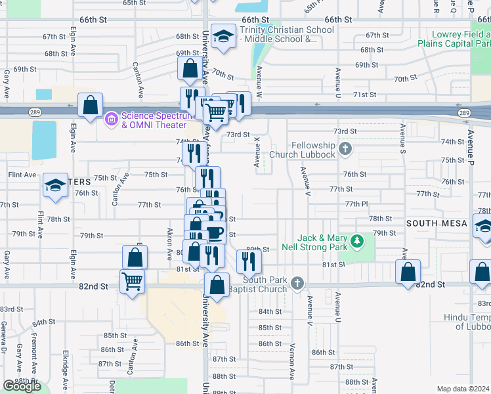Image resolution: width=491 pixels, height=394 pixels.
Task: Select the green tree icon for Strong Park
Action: tap(357, 242)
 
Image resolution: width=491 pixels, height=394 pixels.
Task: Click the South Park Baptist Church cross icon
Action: tap(297, 284)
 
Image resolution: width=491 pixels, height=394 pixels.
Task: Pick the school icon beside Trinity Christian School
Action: tap(224, 37)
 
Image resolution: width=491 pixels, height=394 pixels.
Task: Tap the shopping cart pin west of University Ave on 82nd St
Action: tap(133, 282)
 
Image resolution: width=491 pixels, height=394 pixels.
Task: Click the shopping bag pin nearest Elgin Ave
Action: tap(90, 105)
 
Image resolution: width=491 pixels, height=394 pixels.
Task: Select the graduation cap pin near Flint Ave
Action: tap(56, 186)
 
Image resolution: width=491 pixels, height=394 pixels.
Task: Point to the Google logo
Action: tap(22, 386)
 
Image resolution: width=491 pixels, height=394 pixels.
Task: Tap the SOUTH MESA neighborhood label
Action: tap(437, 223)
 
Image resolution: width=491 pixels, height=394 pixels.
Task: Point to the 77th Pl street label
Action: tap(356, 204)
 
